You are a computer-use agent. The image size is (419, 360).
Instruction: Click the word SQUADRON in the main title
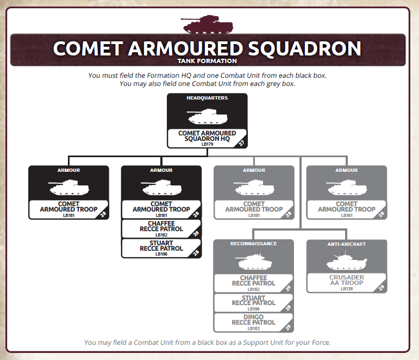click(x=305, y=49)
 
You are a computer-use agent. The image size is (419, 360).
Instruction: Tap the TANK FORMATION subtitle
click(x=207, y=61)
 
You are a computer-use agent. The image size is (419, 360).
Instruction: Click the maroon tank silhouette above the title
click(x=207, y=24)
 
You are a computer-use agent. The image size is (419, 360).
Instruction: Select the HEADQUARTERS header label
click(x=207, y=98)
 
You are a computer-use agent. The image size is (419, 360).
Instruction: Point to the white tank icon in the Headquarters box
click(x=207, y=116)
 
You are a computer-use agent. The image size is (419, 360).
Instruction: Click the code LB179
click(x=207, y=144)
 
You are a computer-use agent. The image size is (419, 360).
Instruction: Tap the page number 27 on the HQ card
click(x=242, y=143)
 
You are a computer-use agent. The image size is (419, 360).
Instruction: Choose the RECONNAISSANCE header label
click(x=254, y=244)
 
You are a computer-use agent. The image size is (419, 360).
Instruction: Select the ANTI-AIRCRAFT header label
click(x=347, y=244)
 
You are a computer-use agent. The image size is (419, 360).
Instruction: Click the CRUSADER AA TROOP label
click(x=347, y=280)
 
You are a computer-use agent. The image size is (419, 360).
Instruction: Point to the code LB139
click(x=347, y=289)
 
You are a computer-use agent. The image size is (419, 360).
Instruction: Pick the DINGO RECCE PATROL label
click(x=254, y=320)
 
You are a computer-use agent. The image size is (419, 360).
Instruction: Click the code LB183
click(x=254, y=328)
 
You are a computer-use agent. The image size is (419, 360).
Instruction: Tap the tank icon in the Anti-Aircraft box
click(x=347, y=262)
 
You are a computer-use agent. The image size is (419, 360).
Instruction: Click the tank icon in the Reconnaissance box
click(x=254, y=262)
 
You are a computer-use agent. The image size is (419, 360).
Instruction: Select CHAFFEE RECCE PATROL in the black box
click(x=161, y=226)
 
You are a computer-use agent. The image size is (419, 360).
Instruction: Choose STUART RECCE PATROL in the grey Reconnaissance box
click(x=254, y=300)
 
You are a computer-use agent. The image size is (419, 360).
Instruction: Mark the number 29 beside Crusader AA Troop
click(x=381, y=288)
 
